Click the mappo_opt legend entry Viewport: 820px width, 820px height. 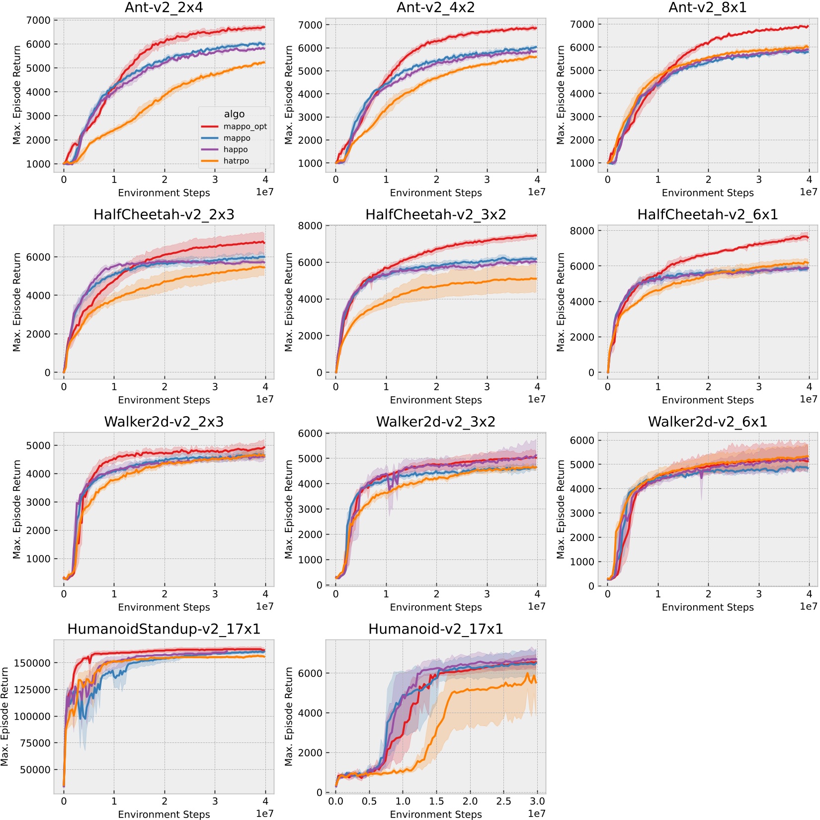[x=245, y=127]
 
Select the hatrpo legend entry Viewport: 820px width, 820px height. [x=236, y=161]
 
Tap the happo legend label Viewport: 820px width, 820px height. [x=236, y=150]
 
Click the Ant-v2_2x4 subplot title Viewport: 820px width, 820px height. [x=164, y=7]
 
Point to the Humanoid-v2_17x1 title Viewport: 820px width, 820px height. [x=435, y=629]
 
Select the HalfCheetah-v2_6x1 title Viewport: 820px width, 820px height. [x=707, y=215]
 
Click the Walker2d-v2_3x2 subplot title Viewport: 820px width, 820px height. [x=435, y=422]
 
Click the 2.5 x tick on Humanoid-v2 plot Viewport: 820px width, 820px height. [x=503, y=801]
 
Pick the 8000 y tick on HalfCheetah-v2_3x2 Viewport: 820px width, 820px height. [x=310, y=226]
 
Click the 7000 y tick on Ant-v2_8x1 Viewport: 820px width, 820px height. [x=582, y=24]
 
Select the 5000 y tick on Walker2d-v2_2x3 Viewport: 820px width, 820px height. [x=38, y=446]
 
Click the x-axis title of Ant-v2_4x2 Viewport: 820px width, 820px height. [x=435, y=193]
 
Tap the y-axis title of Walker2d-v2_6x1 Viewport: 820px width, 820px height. [x=561, y=509]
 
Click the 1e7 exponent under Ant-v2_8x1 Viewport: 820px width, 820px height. [x=808, y=192]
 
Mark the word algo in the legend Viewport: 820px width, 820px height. [x=234, y=114]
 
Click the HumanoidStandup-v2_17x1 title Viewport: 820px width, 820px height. [x=164, y=629]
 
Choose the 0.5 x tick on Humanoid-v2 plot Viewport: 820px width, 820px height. [x=369, y=801]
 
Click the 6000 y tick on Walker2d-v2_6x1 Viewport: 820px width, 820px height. [x=582, y=441]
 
